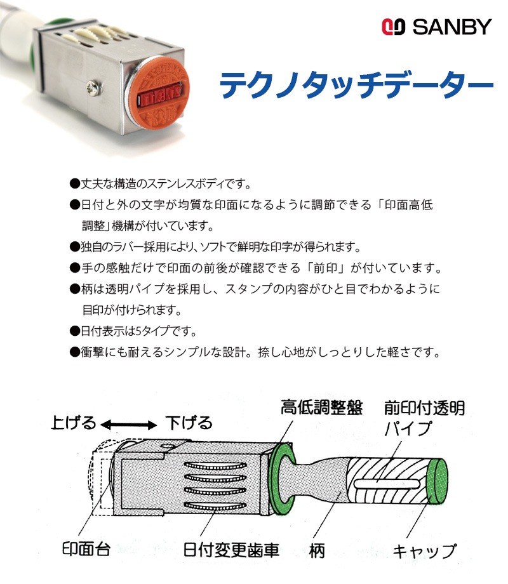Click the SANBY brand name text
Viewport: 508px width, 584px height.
pos(452,27)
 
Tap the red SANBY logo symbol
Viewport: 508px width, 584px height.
pos(393,27)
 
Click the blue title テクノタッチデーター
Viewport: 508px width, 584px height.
pos(356,84)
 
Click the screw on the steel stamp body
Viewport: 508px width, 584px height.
pos(93,88)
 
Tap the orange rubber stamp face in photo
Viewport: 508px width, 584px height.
pos(159,93)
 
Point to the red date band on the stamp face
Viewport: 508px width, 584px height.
pos(159,98)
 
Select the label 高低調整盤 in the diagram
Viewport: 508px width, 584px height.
pos(322,407)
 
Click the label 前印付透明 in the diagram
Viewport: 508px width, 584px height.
pos(425,408)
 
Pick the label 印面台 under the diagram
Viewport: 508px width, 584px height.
pos(86,549)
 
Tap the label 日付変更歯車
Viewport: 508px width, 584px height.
pos(231,550)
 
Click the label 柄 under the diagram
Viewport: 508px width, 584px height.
pos(317,550)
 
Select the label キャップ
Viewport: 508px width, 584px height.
pos(425,551)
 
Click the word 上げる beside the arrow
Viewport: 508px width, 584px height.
pos(74,423)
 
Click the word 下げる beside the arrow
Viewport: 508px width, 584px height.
pos(189,423)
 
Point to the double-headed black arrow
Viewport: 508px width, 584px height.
pos(129,425)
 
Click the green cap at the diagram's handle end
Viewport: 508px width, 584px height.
pos(437,481)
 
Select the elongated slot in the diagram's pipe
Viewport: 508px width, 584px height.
pos(387,484)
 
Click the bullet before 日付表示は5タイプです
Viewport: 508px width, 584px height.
pos(75,331)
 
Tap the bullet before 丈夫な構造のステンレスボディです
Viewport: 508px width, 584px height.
pos(75,183)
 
